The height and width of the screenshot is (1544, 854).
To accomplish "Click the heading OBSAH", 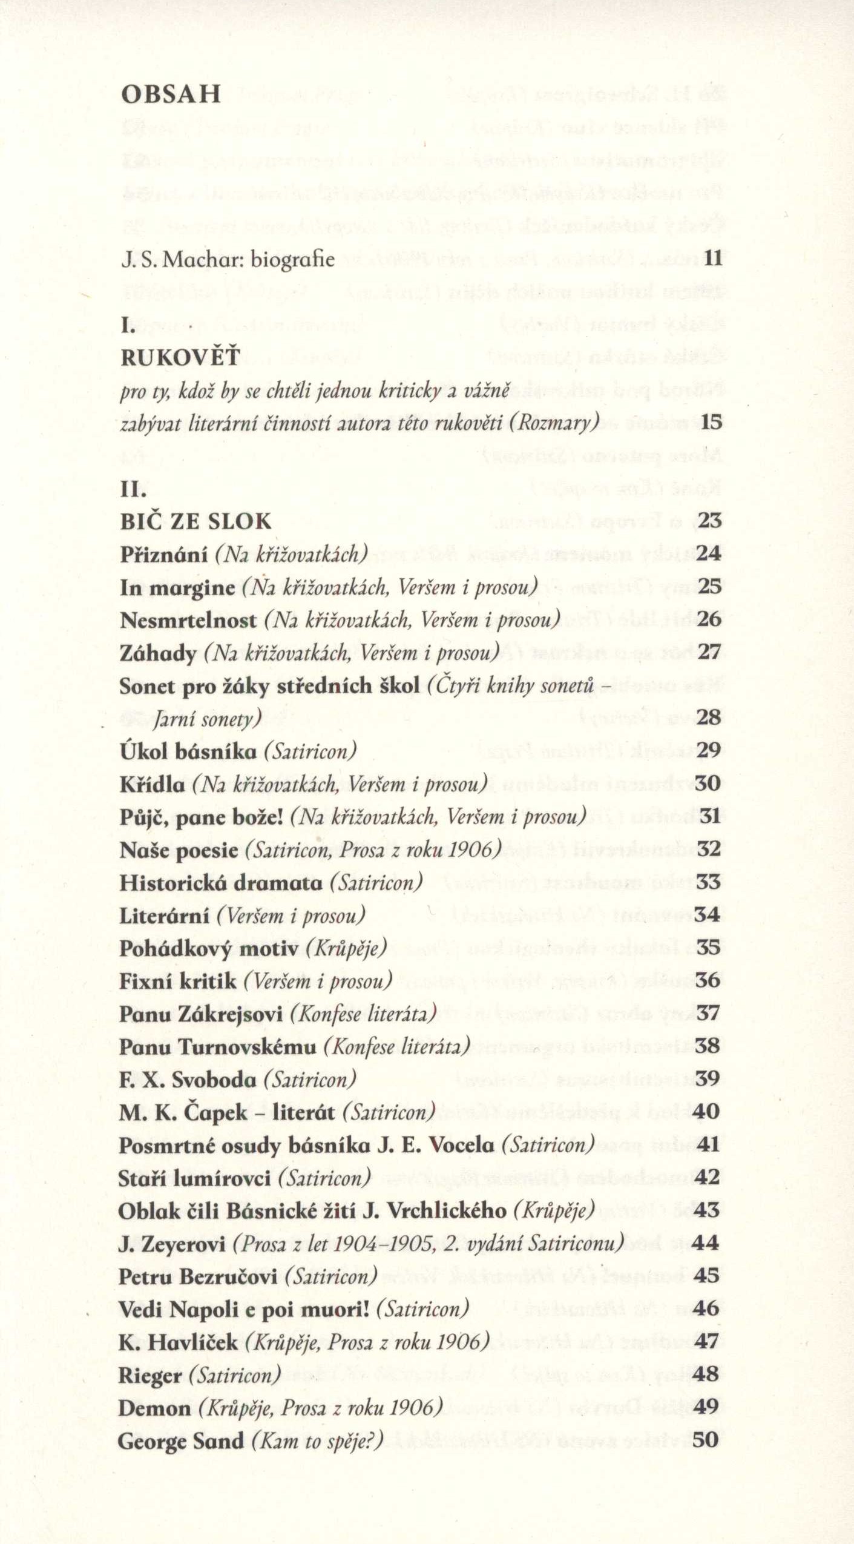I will click(x=171, y=94).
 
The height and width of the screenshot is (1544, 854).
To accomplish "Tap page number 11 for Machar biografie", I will click(x=713, y=259).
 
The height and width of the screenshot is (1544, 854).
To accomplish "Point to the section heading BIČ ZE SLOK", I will click(x=195, y=521).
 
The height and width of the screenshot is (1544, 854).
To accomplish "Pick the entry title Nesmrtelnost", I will click(x=188, y=620).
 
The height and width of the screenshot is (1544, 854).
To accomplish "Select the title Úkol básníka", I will click(x=188, y=751).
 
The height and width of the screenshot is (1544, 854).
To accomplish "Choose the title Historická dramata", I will click(x=221, y=883).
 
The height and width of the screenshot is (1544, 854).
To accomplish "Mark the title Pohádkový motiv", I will click(x=209, y=948).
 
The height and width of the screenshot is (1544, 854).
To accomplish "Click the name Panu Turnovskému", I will click(x=218, y=1047).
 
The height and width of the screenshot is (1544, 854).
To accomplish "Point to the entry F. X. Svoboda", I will click(x=188, y=1080).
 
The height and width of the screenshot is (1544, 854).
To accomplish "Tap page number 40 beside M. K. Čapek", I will click(x=707, y=1112).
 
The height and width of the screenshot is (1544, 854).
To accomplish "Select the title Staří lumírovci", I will click(x=194, y=1178).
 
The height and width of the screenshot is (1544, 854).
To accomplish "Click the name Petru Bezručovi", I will click(x=198, y=1277).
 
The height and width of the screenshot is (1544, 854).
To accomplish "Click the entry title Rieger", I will click(x=150, y=1376).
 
